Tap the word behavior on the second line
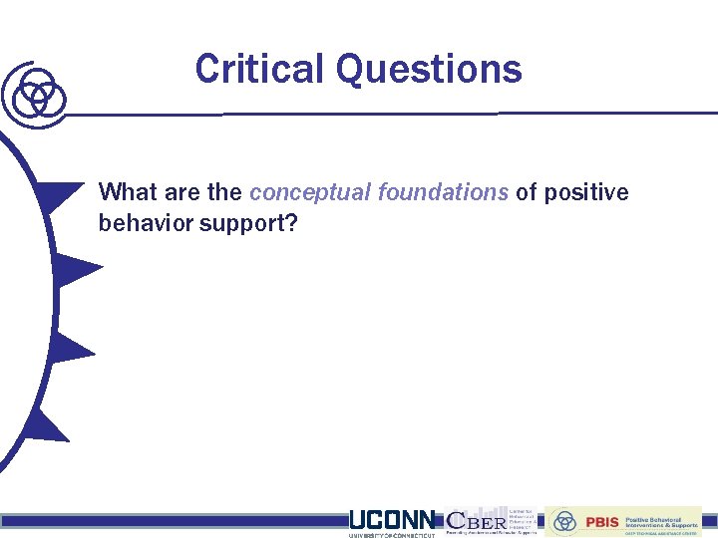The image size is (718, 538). coord(145,223)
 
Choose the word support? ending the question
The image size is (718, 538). coord(248,223)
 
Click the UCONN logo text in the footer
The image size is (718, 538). coord(392,520)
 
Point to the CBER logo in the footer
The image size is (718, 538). coord(476,520)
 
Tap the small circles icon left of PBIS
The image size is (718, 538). coord(565,521)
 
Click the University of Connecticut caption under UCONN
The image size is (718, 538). coord(392,535)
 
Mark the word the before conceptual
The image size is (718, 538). coord(224,192)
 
